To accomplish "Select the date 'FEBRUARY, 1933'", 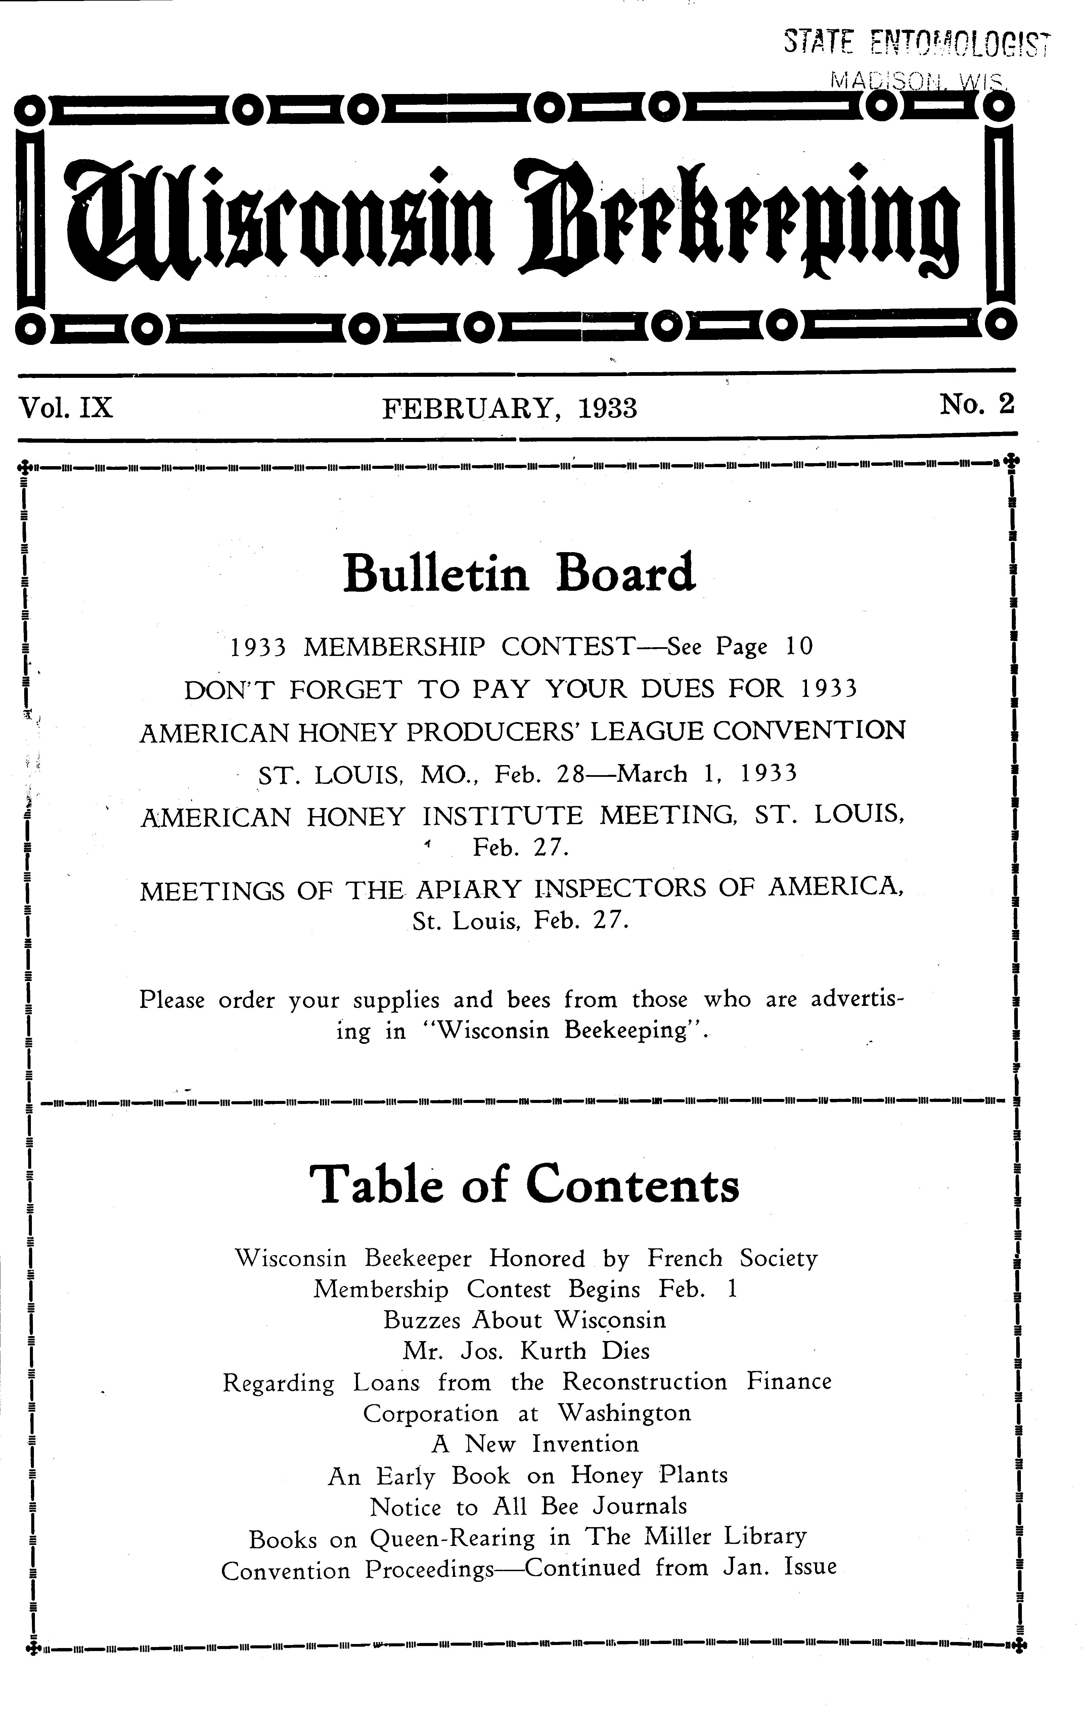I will tap(509, 408).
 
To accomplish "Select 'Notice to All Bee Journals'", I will tap(528, 1506).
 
